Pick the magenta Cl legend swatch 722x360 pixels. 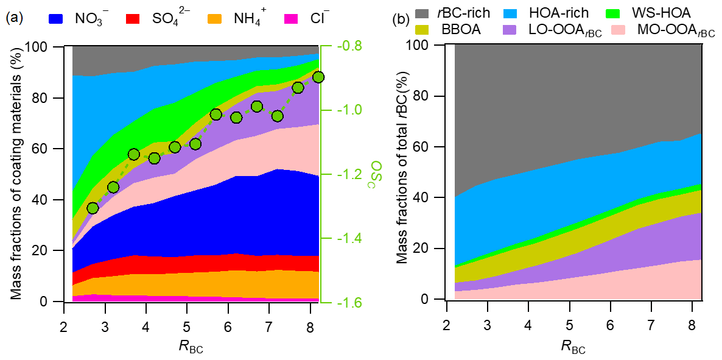(x=292, y=18)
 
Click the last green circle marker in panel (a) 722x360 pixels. (x=318, y=77)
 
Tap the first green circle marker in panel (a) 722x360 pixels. (x=93, y=208)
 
